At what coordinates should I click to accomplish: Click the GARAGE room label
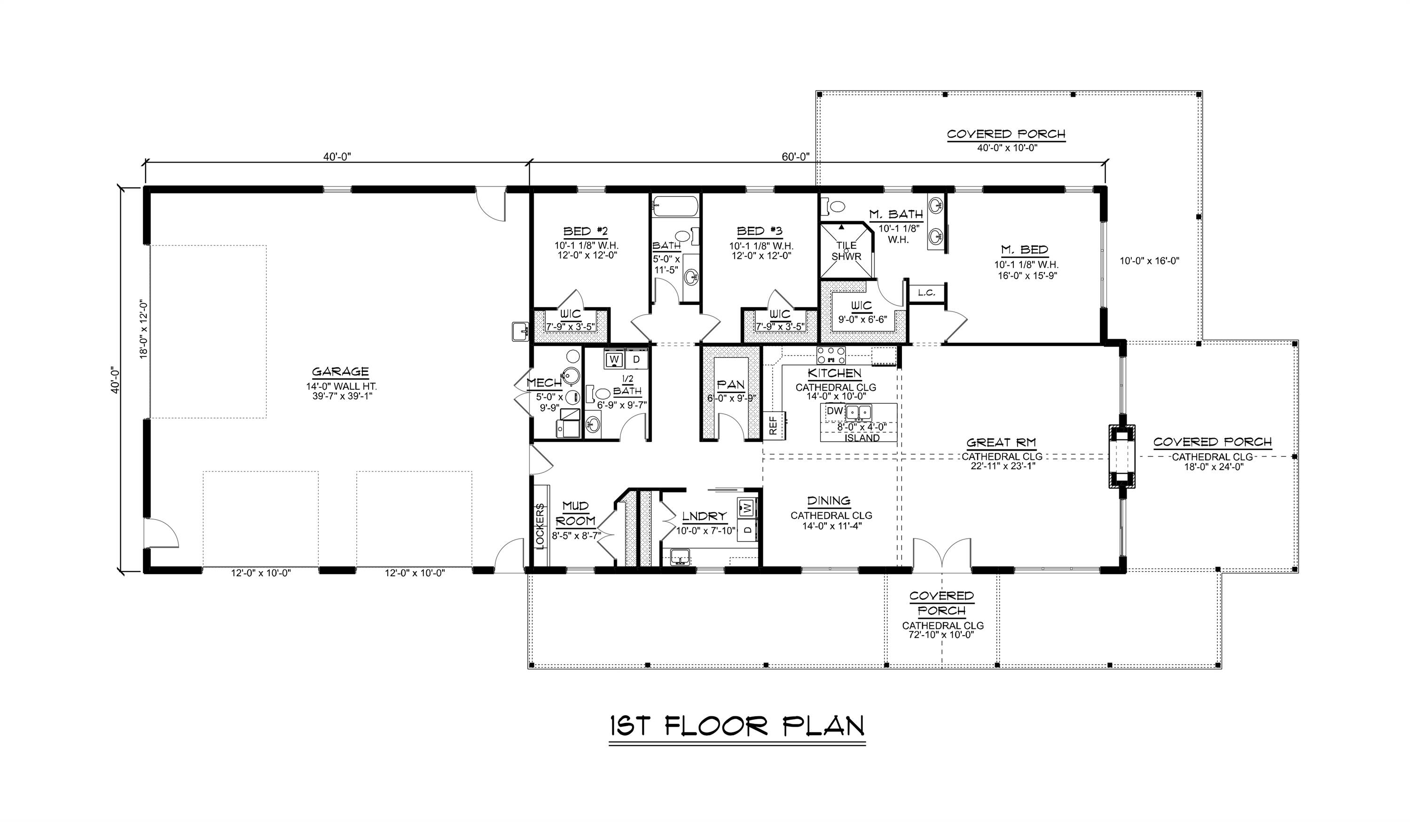340,372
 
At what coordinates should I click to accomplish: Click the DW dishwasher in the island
834,411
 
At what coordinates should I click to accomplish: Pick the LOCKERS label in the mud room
540,526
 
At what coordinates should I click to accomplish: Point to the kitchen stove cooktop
831,356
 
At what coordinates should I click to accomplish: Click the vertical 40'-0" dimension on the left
116,380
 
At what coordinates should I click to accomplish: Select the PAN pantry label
731,385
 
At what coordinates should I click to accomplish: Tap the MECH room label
544,383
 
